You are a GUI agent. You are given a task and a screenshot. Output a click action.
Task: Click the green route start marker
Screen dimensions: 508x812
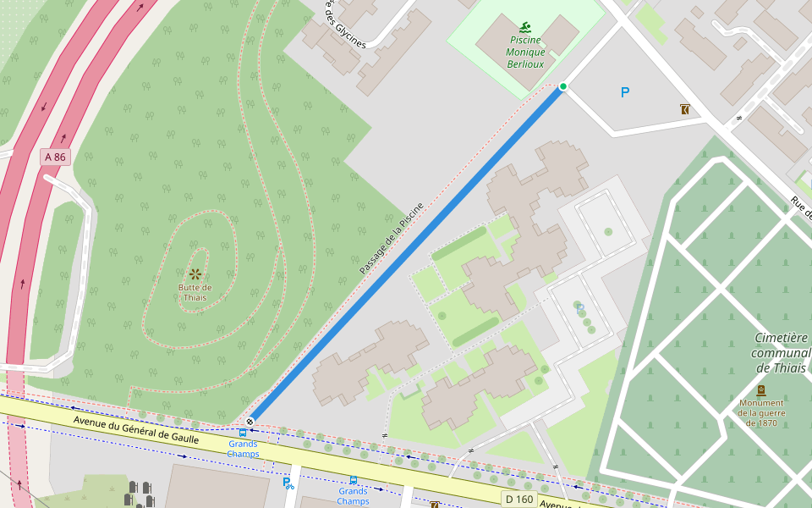point(563,86)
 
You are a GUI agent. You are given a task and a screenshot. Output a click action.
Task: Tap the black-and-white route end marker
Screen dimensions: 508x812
point(250,421)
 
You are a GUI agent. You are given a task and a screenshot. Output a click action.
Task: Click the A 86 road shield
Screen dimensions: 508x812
point(55,157)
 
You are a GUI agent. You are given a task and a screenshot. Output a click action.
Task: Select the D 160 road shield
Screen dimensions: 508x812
point(518,499)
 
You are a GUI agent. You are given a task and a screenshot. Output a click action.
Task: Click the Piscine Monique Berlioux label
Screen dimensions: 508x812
point(525,52)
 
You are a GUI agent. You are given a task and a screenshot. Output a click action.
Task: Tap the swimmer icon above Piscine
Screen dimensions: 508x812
point(525,26)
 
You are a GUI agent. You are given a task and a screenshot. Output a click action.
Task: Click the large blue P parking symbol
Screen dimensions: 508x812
point(625,92)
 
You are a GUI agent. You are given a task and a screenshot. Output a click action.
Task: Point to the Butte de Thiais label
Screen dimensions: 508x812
point(195,292)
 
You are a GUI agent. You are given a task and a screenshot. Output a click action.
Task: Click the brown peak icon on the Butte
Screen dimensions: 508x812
point(195,273)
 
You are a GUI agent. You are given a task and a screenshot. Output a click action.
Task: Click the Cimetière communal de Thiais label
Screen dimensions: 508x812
point(781,353)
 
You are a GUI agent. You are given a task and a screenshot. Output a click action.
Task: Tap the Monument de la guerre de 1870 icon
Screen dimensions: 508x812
point(760,390)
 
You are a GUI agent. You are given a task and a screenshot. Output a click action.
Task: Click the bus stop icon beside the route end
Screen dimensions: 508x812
point(243,433)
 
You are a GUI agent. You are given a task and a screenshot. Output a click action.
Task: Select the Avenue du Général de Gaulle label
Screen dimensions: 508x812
point(135,429)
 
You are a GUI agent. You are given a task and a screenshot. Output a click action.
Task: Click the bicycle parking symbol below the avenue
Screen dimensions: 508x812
point(288,483)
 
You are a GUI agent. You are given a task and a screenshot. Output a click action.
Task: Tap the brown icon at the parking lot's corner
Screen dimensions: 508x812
point(683,109)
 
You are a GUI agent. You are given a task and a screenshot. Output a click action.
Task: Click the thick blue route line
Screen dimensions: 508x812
point(406,254)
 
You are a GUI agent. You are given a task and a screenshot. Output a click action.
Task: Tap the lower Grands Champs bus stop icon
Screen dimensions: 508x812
point(353,480)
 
